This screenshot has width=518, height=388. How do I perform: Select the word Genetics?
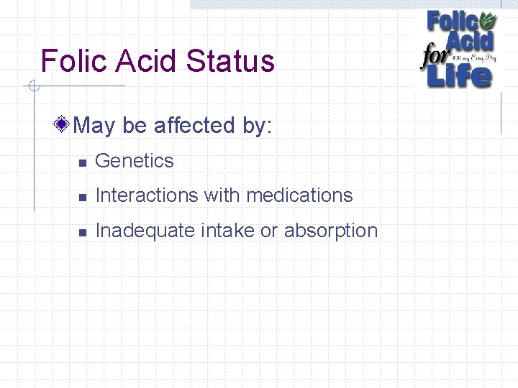coord(135,161)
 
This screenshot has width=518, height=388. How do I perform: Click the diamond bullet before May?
coord(63,124)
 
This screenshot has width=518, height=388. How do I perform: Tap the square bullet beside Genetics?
coord(83,163)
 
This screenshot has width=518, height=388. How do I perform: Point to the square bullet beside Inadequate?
coord(83,233)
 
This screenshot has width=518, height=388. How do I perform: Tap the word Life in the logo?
coord(460,75)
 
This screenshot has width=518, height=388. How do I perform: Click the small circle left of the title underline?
coord(32,87)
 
